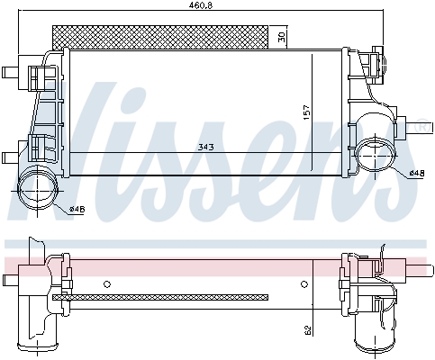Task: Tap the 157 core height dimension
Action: click(x=306, y=112)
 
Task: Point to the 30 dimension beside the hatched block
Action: click(x=281, y=37)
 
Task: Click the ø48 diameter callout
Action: click(x=416, y=172)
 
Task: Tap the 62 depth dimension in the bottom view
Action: click(x=308, y=329)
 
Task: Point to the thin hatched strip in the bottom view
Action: click(x=162, y=295)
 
